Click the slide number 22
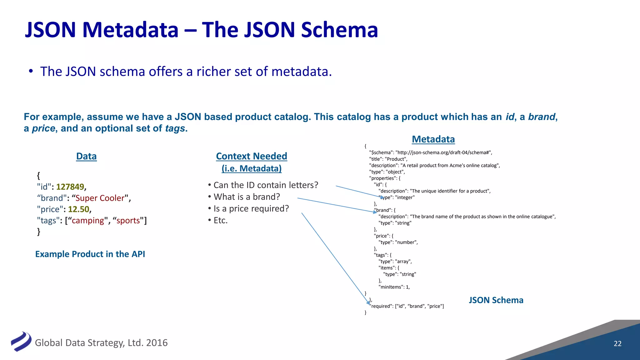(x=617, y=343)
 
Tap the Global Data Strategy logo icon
(x=21, y=341)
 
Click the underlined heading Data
(x=86, y=156)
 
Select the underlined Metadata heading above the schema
(x=433, y=139)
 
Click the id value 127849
(x=70, y=187)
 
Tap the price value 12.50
(x=78, y=209)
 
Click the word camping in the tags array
(x=88, y=221)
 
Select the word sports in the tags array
(x=128, y=221)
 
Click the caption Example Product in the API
(x=90, y=254)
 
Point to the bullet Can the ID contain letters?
(x=265, y=185)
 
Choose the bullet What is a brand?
(x=247, y=197)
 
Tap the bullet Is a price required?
(x=251, y=208)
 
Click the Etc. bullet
(x=220, y=220)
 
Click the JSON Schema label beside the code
(x=496, y=300)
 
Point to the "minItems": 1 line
(x=394, y=287)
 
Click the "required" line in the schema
(x=407, y=306)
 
